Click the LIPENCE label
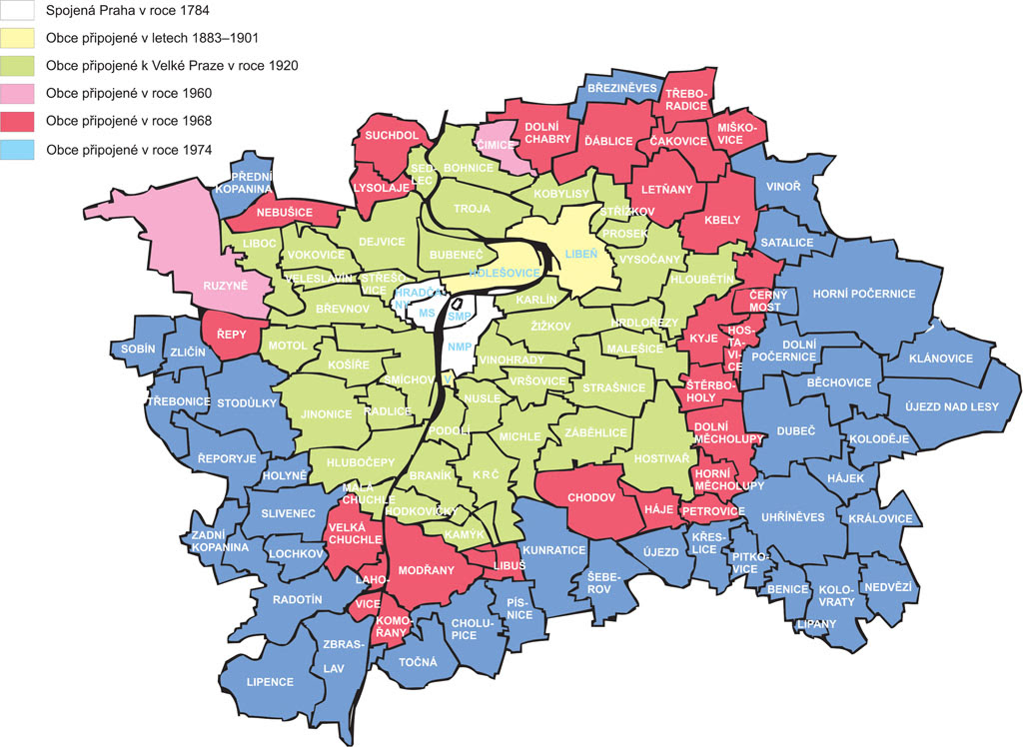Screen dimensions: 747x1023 pyautogui.click(x=270, y=682)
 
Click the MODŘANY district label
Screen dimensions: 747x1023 pyautogui.click(x=426, y=570)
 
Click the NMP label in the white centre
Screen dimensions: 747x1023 pyautogui.click(x=460, y=347)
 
